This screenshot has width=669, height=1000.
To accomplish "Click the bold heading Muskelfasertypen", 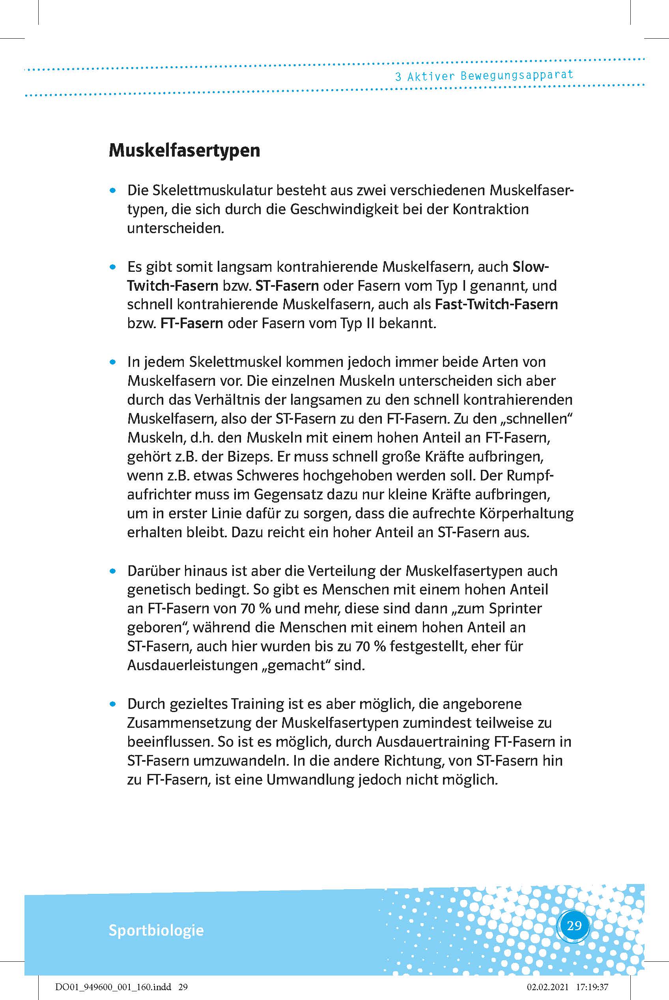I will (x=184, y=151).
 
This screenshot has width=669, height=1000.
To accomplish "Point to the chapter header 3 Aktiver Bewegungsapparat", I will (x=484, y=76).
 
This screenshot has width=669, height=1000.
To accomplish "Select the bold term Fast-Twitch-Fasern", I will (x=496, y=305).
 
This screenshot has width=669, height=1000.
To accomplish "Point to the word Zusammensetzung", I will (x=202, y=723).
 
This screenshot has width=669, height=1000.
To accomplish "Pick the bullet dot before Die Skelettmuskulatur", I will (x=113, y=192).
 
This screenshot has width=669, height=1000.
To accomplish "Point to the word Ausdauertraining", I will (x=433, y=742).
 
